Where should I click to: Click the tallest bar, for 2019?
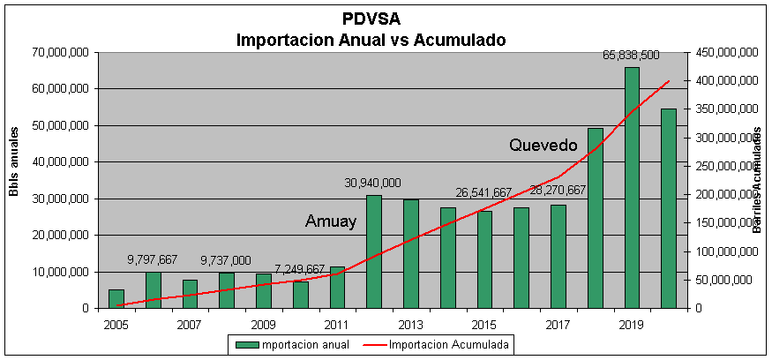coord(632,188)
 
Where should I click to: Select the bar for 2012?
coord(374,251)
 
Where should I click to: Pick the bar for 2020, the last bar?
coord(669,208)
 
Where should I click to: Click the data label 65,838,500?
coord(632,55)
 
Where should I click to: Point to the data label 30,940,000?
coord(372,183)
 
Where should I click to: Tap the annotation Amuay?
coord(331,221)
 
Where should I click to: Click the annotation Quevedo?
coord(543,145)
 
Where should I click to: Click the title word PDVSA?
coord(370,19)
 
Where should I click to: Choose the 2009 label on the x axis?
coord(264,324)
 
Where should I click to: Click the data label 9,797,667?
coord(153,259)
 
